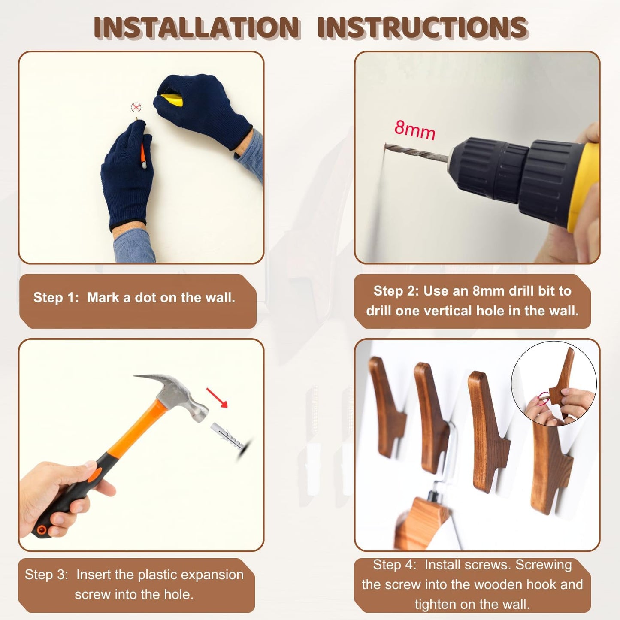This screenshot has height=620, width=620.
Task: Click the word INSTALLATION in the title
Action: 197,27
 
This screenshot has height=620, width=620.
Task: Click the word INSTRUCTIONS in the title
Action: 422,27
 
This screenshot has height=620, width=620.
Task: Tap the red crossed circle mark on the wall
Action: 136,107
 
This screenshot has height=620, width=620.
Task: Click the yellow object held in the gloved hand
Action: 172,100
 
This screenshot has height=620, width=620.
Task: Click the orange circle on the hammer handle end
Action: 41,529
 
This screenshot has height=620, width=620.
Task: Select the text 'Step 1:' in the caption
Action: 56,298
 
